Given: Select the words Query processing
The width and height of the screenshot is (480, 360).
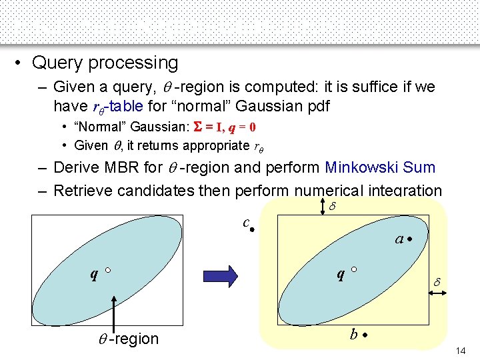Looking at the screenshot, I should click(105, 63).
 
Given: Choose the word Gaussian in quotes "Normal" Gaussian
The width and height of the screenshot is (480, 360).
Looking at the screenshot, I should click(154, 127).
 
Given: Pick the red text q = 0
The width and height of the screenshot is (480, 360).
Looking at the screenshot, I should click(243, 127).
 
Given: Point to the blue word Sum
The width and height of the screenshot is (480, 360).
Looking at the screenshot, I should click(420, 167).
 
